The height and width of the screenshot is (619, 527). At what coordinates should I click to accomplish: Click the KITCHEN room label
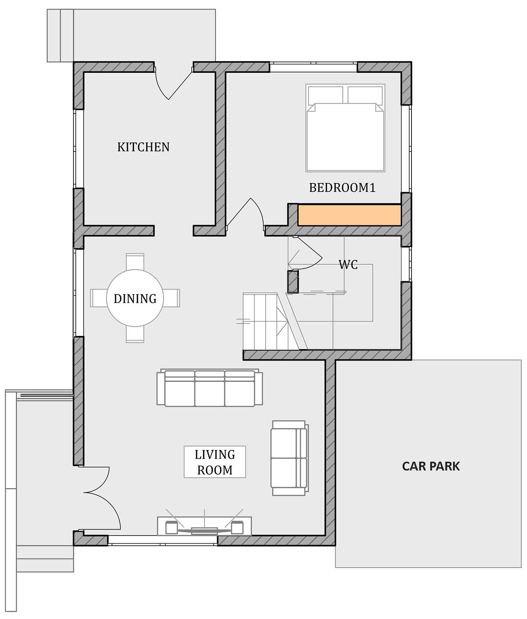[x=143, y=147]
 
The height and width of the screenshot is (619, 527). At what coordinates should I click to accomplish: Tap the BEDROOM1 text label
[x=342, y=187]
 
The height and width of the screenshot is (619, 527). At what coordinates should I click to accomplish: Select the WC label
[x=348, y=265]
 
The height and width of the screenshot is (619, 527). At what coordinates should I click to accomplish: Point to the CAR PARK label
[x=431, y=466]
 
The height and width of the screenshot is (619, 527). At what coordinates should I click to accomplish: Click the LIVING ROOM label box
[x=215, y=462]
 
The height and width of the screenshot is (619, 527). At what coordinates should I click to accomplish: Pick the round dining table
[x=135, y=298]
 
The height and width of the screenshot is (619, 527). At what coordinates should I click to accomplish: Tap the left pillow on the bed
[x=326, y=95]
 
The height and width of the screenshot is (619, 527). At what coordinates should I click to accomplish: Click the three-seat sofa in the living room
[x=210, y=388]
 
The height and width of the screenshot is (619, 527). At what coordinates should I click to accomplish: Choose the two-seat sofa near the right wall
[x=290, y=458]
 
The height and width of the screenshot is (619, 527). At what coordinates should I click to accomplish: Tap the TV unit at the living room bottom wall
[x=204, y=526]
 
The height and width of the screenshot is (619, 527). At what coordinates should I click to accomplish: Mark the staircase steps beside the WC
[x=266, y=321]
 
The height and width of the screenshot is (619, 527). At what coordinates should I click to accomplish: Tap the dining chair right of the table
[x=171, y=298]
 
